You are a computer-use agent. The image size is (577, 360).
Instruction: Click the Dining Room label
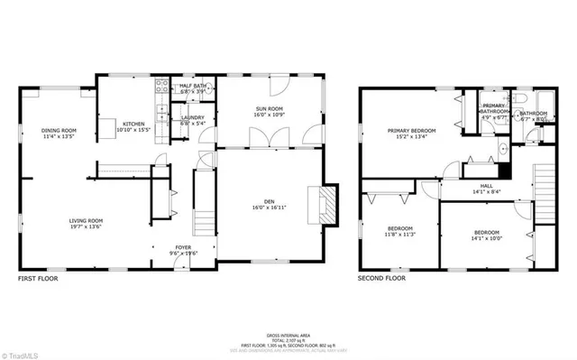[x=59, y=131]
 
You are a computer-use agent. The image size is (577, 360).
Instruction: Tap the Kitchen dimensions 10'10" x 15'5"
[x=133, y=130]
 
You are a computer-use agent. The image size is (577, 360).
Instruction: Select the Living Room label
[x=87, y=220]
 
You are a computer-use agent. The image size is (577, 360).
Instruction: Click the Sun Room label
[x=270, y=108]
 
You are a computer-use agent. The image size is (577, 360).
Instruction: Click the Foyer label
[x=183, y=247]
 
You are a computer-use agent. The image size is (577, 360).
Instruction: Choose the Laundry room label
[x=192, y=117]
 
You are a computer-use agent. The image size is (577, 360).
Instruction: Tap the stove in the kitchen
[x=163, y=88]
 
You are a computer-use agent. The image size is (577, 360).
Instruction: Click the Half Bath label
[x=194, y=86]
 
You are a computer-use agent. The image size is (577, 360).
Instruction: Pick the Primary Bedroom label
[x=411, y=131]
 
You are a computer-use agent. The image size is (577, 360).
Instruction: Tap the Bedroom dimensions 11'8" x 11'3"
[x=400, y=234]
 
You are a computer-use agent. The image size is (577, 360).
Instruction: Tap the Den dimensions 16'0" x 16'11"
[x=269, y=208]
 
